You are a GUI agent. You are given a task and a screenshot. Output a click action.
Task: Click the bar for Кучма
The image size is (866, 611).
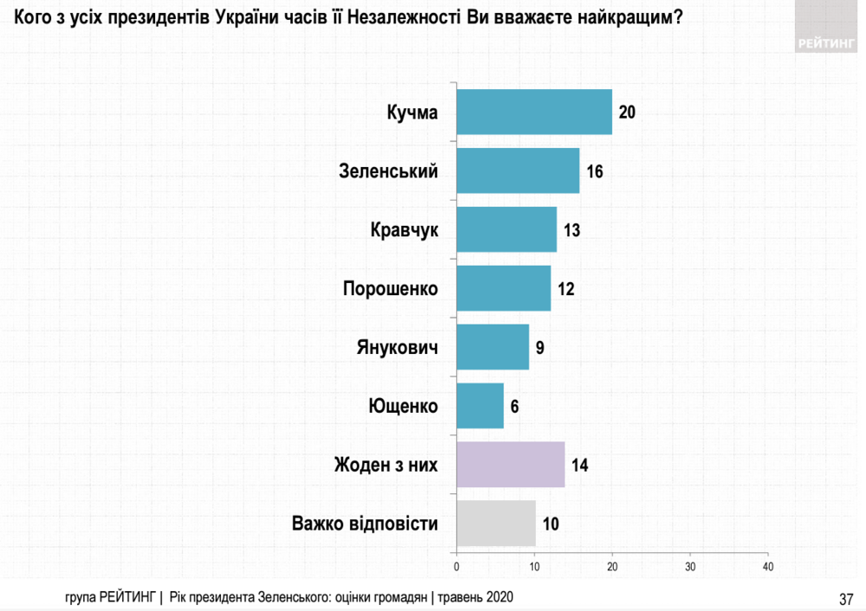(x=533, y=112)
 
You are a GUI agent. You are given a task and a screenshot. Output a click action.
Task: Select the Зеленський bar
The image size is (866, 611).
(x=517, y=170)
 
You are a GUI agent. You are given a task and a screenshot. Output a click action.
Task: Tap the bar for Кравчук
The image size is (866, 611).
(x=506, y=229)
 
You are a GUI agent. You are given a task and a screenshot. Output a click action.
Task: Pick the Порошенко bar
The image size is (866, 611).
(x=502, y=288)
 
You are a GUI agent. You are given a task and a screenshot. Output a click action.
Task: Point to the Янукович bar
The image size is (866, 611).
(x=492, y=347)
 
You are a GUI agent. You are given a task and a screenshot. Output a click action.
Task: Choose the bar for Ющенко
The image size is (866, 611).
(x=480, y=406)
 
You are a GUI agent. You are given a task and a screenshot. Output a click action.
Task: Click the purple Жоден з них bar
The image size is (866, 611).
(x=510, y=465)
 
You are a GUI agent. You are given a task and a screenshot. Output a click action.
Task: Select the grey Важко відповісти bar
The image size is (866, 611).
(x=495, y=524)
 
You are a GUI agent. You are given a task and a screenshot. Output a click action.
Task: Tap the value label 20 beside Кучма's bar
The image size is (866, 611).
(x=628, y=113)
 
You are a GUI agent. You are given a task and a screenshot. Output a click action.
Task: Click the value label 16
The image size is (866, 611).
(x=594, y=171)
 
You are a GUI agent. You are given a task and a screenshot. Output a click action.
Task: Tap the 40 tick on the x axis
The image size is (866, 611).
(x=768, y=567)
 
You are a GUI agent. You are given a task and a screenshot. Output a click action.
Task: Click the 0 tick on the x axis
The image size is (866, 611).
(x=456, y=567)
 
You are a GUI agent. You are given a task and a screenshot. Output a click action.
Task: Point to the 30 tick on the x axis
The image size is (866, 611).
(x=690, y=567)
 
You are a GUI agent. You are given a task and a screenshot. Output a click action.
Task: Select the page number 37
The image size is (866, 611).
(x=846, y=598)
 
